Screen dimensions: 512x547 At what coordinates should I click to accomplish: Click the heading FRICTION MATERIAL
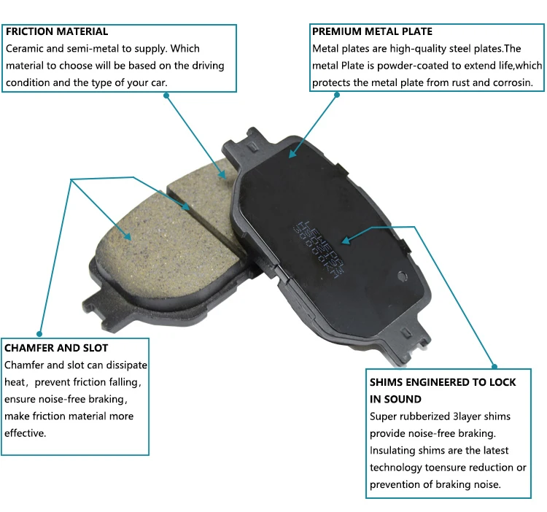pyautogui.click(x=57, y=31)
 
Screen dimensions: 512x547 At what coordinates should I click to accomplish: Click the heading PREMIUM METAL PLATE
pyautogui.click(x=372, y=31)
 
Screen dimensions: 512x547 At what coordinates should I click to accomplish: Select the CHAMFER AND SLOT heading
pyautogui.click(x=56, y=348)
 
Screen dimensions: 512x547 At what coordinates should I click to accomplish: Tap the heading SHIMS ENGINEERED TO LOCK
pyautogui.click(x=443, y=382)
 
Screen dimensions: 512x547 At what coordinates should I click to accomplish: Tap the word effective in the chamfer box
pyautogui.click(x=26, y=433)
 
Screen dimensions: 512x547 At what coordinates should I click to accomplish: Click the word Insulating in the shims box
pyautogui.click(x=394, y=451)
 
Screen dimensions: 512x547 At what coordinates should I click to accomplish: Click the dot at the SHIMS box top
pyautogui.click(x=494, y=366)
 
